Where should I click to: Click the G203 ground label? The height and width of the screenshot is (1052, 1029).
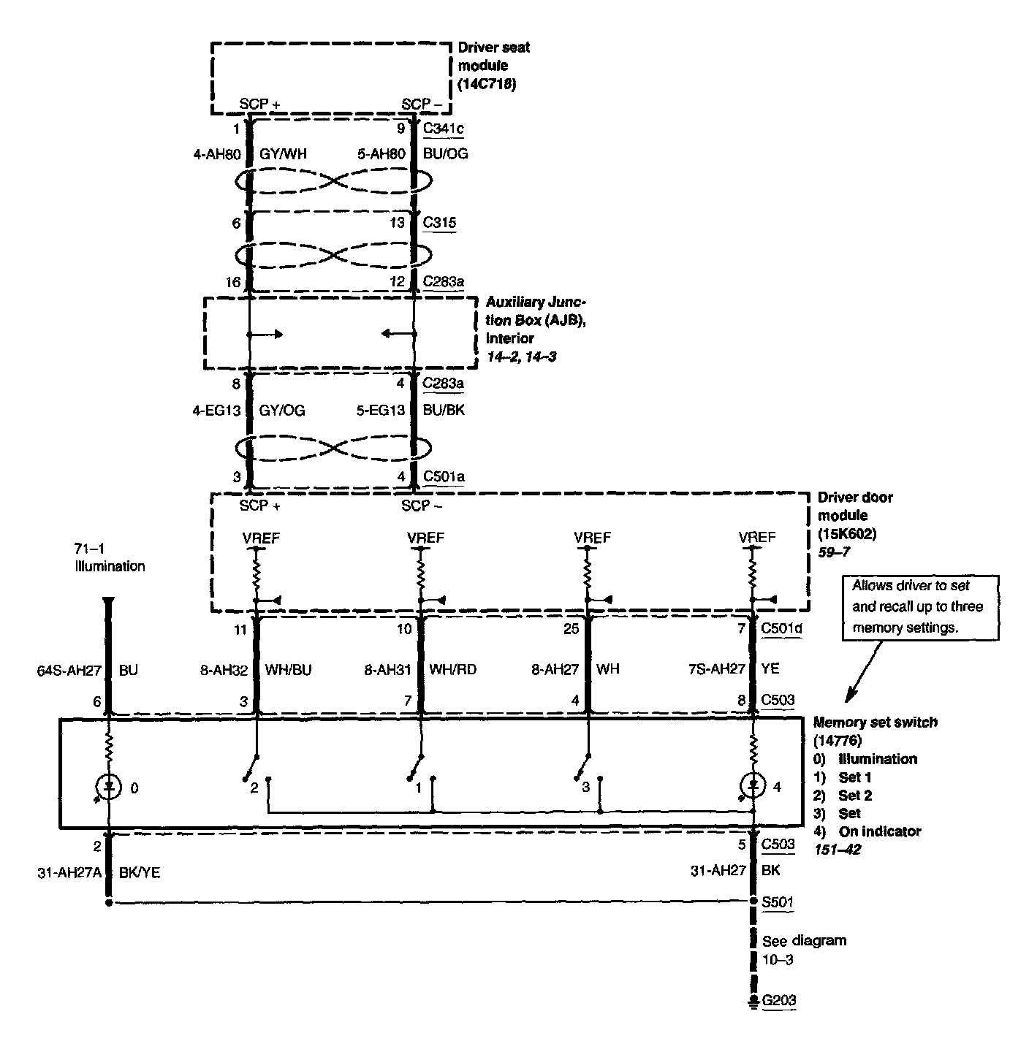click(x=778, y=1000)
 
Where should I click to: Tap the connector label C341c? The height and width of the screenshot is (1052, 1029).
click(x=444, y=129)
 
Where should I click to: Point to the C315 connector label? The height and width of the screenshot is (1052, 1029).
click(x=440, y=222)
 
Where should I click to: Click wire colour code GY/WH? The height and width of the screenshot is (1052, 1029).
click(x=282, y=154)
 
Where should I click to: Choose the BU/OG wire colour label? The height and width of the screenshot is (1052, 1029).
click(x=446, y=154)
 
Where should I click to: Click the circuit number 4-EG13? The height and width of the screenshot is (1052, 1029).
click(x=216, y=411)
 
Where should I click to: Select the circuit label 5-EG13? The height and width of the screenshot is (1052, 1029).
click(x=380, y=411)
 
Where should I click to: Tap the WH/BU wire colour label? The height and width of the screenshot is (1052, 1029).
click(x=288, y=669)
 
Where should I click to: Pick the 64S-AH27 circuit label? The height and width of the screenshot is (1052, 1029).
click(x=72, y=669)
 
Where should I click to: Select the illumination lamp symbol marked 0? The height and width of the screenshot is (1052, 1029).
click(x=109, y=787)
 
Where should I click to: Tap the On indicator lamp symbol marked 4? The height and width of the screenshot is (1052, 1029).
click(x=752, y=786)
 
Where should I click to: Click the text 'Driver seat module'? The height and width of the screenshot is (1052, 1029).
click(x=493, y=56)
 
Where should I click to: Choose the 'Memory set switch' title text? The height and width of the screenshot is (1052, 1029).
click(x=875, y=723)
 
